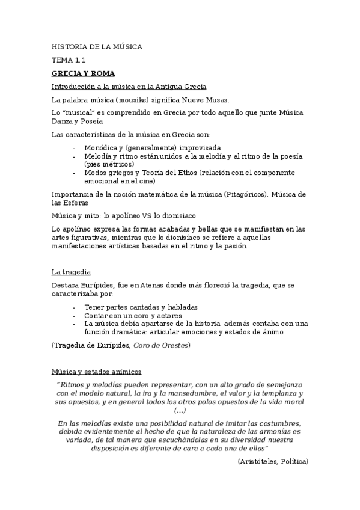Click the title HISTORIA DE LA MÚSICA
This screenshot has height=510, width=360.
coord(97,47)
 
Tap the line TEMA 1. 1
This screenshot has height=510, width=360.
coord(69,60)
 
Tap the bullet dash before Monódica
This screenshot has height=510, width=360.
coord(74,147)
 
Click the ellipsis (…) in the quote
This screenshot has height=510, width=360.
coord(180,410)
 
